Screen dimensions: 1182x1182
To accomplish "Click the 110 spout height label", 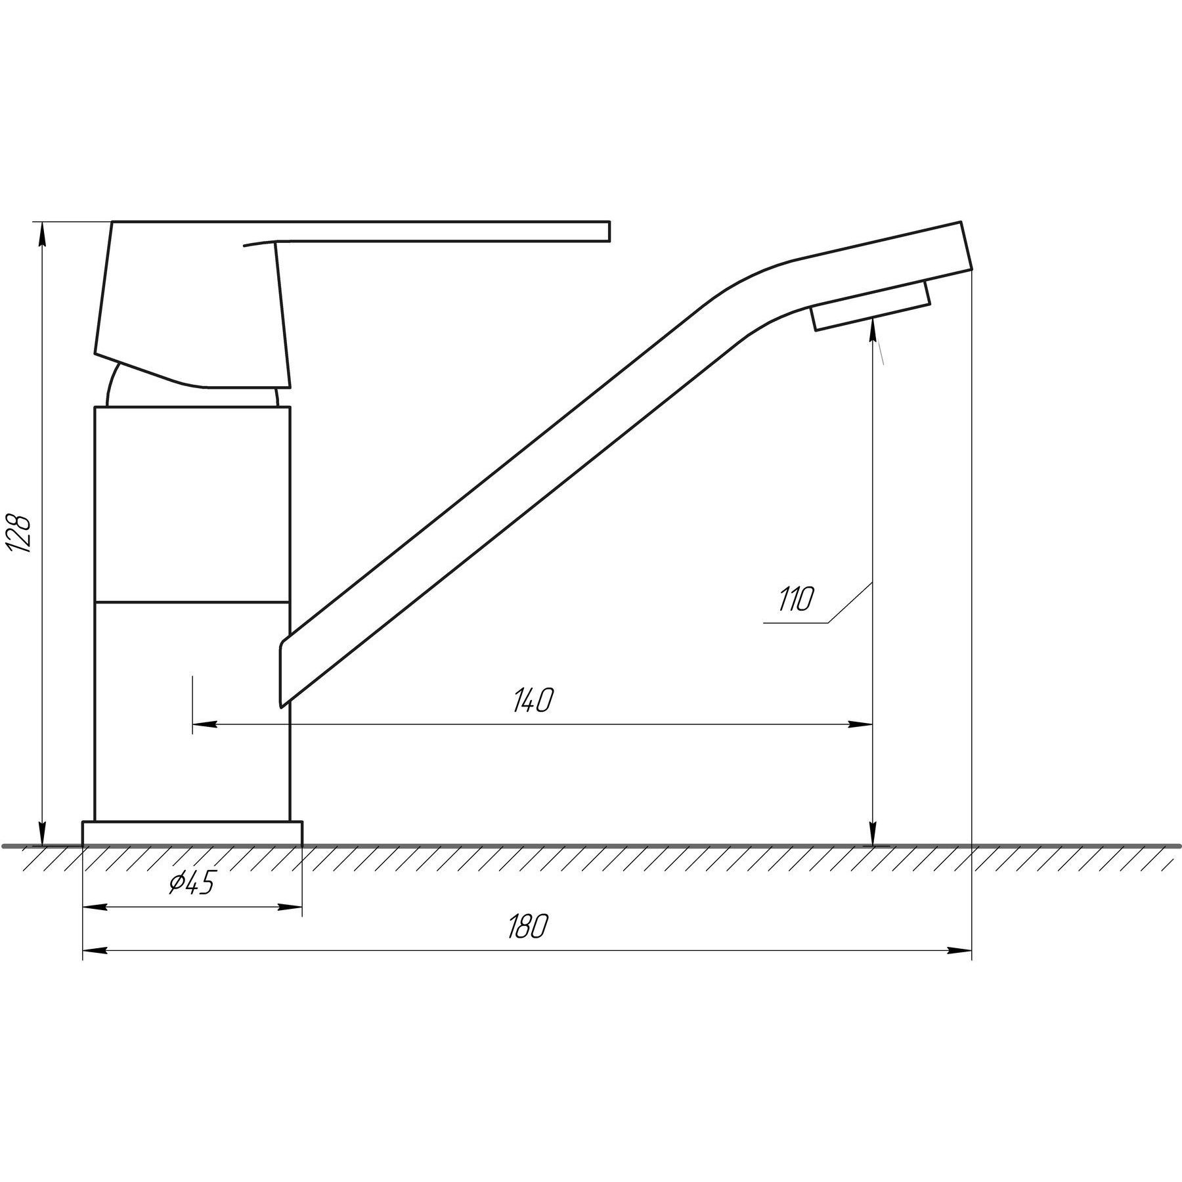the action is [x=796, y=600].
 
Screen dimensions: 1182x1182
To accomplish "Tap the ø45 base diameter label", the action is [x=192, y=885].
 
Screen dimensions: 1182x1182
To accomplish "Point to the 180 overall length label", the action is [x=527, y=927].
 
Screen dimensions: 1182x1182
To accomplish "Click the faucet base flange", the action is [x=192, y=833].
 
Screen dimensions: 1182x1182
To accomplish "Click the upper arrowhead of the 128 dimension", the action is [x=43, y=234].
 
